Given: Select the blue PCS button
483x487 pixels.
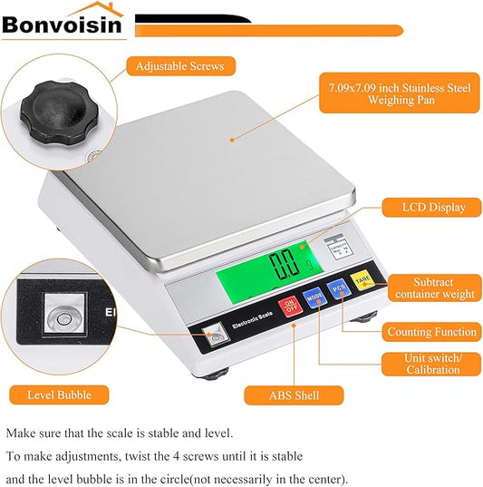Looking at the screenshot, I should (338, 288).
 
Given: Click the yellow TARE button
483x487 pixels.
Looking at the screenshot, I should (362, 281).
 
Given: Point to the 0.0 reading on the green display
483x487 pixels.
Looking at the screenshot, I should (285, 265).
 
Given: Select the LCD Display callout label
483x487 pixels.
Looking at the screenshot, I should (434, 208).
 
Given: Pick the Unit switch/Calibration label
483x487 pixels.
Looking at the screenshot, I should (433, 364).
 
